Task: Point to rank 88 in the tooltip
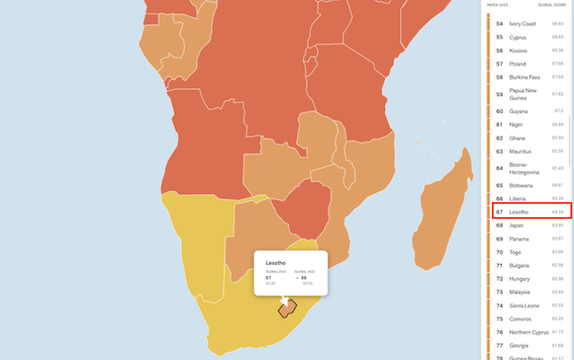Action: [305, 278]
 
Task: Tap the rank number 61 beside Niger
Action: [500, 124]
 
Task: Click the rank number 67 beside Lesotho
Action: [500, 212]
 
